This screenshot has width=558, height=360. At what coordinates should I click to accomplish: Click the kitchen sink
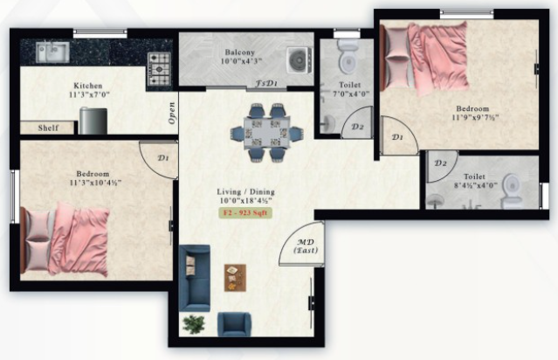[52, 52]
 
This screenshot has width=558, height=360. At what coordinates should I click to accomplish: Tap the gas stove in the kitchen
[159, 69]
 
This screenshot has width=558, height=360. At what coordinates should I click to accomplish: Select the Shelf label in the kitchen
[48, 128]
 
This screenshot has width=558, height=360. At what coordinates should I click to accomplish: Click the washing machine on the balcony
[300, 60]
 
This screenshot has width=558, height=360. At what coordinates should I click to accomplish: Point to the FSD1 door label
[266, 84]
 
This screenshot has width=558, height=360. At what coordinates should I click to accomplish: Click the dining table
[267, 133]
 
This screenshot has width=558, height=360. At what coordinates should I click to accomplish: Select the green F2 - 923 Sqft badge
[245, 213]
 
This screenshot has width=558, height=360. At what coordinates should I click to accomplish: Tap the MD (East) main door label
[306, 246]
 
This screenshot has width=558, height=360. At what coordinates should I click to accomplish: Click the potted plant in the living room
[194, 324]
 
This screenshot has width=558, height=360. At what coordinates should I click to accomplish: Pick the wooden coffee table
[235, 278]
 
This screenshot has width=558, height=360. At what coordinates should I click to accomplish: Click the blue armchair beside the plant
[234, 324]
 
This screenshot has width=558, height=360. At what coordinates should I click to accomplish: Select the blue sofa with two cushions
[195, 278]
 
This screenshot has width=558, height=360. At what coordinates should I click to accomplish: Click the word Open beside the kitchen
[172, 113]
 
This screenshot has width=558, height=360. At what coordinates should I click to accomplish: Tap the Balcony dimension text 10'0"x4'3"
[241, 61]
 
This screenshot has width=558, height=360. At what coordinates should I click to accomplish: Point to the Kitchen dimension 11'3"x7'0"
[89, 95]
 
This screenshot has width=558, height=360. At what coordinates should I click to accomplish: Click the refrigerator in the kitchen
[93, 121]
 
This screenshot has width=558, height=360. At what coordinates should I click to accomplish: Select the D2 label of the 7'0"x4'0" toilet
[357, 127]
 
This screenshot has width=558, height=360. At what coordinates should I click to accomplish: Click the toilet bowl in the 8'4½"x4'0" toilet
[512, 190]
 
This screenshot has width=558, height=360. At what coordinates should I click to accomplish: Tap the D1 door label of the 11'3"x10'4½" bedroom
[163, 158]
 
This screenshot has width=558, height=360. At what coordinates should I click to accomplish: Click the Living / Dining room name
[245, 191]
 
